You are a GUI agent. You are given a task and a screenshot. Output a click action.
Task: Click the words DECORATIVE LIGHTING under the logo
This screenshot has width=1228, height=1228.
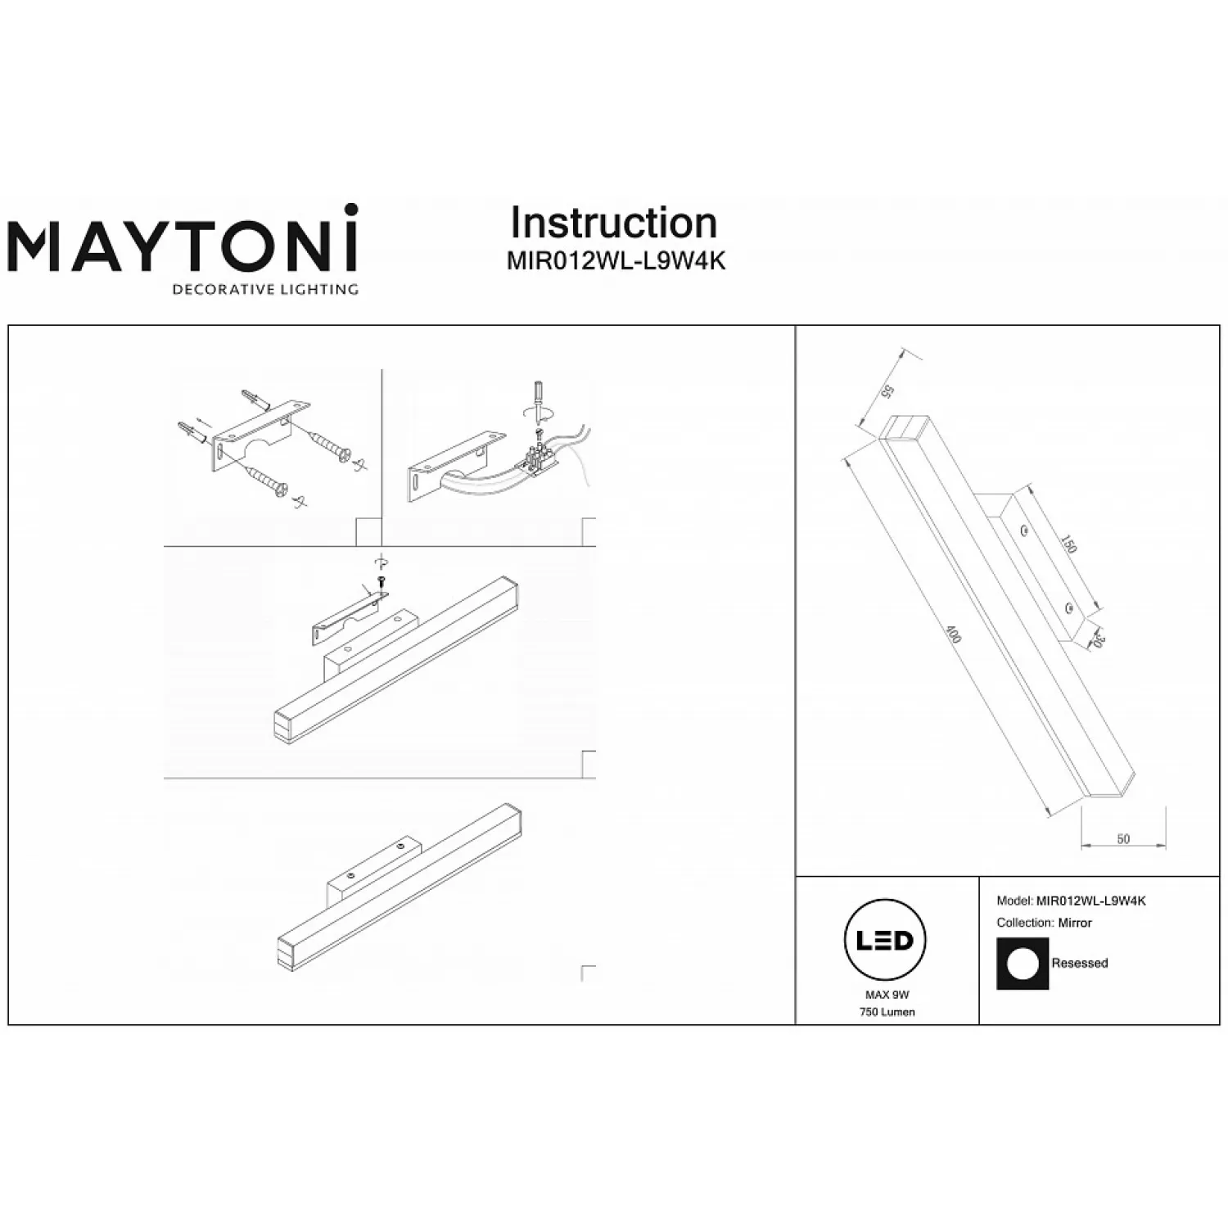coord(264,289)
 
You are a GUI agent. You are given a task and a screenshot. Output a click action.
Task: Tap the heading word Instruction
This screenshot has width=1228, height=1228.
coord(614,223)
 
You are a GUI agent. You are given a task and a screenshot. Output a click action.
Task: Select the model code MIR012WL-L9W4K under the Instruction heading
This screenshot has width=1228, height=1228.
coord(616,261)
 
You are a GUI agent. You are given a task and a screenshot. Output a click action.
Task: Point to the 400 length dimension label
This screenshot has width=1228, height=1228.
coord(953,634)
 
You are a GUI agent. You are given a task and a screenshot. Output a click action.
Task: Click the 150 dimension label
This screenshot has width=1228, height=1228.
coord(1068,544)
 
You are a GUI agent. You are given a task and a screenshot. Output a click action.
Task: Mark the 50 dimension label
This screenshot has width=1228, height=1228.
coord(1123,839)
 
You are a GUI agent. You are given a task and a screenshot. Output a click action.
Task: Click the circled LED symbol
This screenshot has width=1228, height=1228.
coord(886,940)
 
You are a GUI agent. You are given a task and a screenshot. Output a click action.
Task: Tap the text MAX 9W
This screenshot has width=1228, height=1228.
coord(887,995)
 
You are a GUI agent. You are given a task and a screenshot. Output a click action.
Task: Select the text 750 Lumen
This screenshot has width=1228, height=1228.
coord(887,1012)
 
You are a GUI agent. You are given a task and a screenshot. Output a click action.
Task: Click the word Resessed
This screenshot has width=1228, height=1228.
coord(1080,963)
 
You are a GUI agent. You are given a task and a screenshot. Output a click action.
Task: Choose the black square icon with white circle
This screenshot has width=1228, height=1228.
coord(1023,964)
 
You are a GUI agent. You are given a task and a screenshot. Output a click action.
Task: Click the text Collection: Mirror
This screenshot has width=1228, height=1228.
coord(1044,923)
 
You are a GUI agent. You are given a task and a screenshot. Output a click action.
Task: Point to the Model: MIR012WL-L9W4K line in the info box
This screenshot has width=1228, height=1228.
coord(1071,901)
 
